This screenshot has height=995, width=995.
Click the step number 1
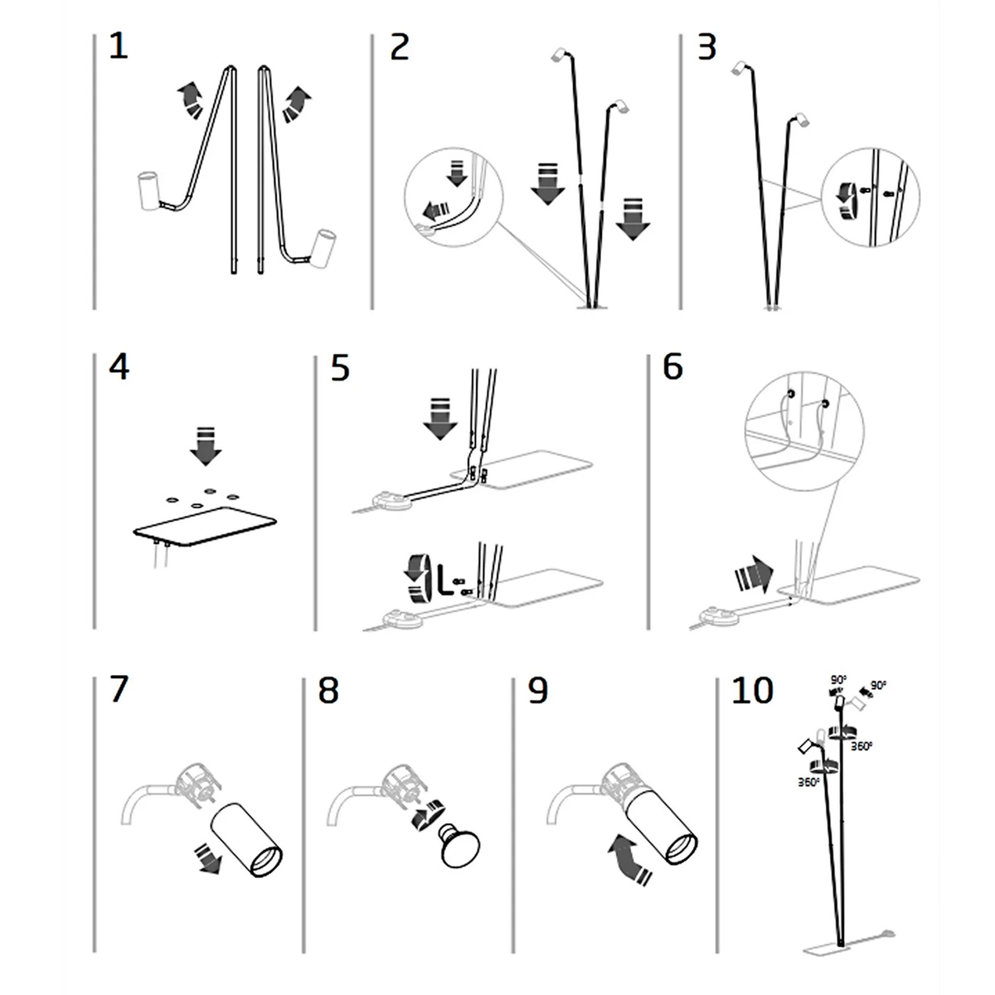[119, 46]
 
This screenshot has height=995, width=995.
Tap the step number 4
[119, 367]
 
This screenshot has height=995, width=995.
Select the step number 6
[672, 367]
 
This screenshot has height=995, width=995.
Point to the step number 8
[328, 691]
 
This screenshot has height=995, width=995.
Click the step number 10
[752, 691]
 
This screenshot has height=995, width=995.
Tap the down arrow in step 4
[206, 446]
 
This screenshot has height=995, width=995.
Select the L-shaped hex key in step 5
[444, 578]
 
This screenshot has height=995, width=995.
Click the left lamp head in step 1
[148, 190]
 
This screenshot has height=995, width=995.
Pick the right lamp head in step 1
[324, 249]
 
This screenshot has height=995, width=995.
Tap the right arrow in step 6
[755, 575]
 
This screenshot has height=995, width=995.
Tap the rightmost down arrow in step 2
[633, 219]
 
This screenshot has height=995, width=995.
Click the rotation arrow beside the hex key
[418, 580]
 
